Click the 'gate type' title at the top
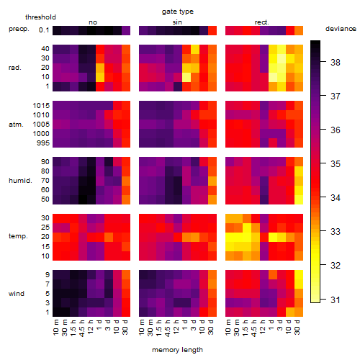tap(178, 12)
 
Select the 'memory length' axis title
tap(177, 350)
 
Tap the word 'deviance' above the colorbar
tap(341, 29)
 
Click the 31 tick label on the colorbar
tap(336, 300)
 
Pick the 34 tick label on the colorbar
tap(336, 198)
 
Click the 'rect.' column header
tap(262, 22)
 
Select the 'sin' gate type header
tap(177, 22)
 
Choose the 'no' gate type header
tap(93, 22)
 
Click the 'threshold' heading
tap(40, 17)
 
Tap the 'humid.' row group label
tap(20, 181)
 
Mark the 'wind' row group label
tap(17, 294)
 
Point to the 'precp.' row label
tap(19, 29)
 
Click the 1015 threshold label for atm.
tap(41, 106)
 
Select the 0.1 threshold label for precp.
tap(44, 30)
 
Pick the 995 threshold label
tap(43, 143)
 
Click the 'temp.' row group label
tap(18, 236)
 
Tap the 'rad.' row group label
tap(15, 68)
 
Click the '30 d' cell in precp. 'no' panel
tap(126, 30)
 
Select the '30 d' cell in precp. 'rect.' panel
tap(299, 30)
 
